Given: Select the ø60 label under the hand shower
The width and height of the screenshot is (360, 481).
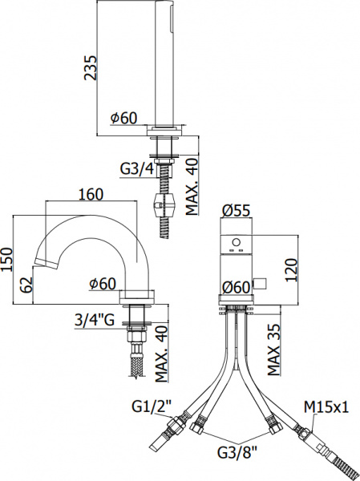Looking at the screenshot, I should click(124, 117).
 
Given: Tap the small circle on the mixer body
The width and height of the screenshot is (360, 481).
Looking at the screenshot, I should click(236, 241).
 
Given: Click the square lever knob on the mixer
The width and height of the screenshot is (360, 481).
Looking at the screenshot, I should click(259, 281).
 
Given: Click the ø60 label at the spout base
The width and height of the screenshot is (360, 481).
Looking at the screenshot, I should click(104, 282).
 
